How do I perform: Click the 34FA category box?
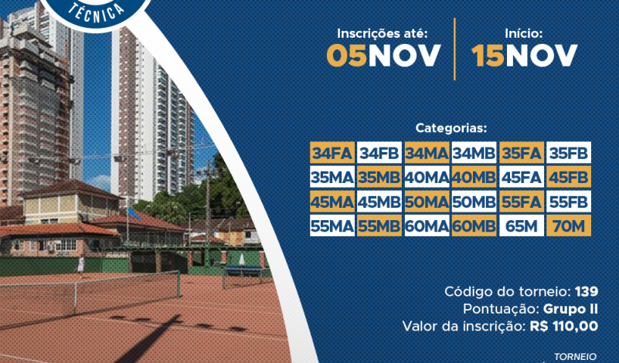tap(332, 153)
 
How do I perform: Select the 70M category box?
tap(569, 226)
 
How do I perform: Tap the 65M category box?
tap(522, 226)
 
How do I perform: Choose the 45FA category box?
tap(522, 177)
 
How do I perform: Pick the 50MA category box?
tap(427, 202)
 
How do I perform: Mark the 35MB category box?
tap(379, 177)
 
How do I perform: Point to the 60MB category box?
tap(474, 226)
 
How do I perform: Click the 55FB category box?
tap(569, 202)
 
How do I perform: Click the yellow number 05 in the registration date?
tap(347, 56)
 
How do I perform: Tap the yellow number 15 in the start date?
tap(488, 56)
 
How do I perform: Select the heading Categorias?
tap(451, 128)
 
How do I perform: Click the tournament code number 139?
tap(587, 292)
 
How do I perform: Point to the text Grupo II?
tap(570, 309)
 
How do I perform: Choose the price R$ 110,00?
tap(563, 326)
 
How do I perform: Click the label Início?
tap(524, 33)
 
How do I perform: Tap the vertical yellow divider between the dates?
tap(454, 49)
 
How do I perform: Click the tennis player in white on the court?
tap(80, 265)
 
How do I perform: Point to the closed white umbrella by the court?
tap(242, 260)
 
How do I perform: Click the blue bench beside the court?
tap(244, 270)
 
